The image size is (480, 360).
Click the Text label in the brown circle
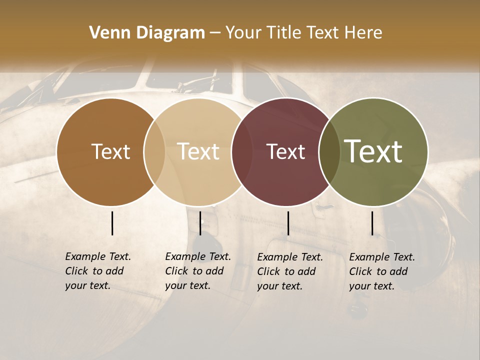[110, 151]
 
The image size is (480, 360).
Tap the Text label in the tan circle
[198, 151]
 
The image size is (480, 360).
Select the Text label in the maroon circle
[285, 151]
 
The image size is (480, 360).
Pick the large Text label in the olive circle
[373, 151]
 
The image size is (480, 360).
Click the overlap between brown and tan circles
[154, 151]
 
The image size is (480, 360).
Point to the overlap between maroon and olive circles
[329, 151]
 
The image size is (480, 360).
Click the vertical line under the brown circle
[112, 223]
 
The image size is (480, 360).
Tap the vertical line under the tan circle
[200, 223]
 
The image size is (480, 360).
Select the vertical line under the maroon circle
[288, 223]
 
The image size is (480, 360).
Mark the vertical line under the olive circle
[372, 223]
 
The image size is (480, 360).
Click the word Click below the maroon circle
[269, 271]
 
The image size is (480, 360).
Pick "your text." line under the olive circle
[371, 286]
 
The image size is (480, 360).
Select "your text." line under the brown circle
[87, 285]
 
